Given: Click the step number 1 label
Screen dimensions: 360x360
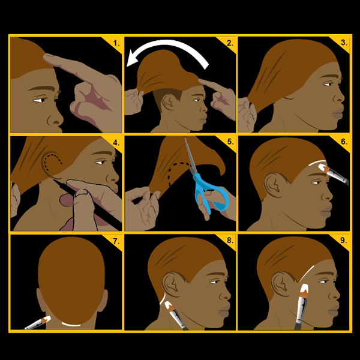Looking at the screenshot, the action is pos(116,43).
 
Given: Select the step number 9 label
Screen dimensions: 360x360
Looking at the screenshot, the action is pos(343,241).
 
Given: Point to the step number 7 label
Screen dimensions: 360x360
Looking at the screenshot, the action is pos(116,241).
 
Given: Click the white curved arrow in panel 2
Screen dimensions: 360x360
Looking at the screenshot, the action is pos(170,43).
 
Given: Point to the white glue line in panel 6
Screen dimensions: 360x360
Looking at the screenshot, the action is pos(317,162).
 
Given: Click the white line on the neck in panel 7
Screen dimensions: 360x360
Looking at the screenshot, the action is pos(71,325).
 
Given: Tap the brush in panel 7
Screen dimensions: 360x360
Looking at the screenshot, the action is pos(38,322).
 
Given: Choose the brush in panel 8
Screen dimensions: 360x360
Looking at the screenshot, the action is pos(176,316).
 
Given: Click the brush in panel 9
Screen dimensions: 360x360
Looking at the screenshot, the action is pos(302,307).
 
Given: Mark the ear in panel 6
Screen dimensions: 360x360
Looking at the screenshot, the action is pos(274,185).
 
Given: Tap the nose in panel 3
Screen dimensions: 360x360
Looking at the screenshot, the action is pos(340,96).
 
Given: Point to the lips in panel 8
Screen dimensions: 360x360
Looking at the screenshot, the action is pos(224,311).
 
